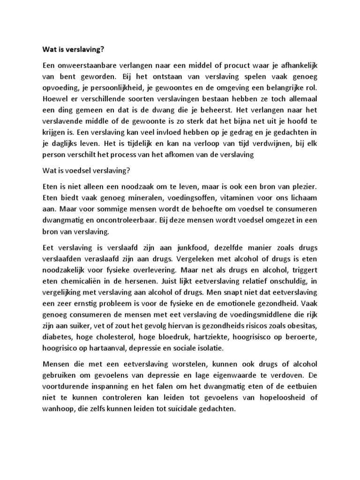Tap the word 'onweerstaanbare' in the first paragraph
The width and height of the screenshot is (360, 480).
pyautogui.click(x=84, y=65)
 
